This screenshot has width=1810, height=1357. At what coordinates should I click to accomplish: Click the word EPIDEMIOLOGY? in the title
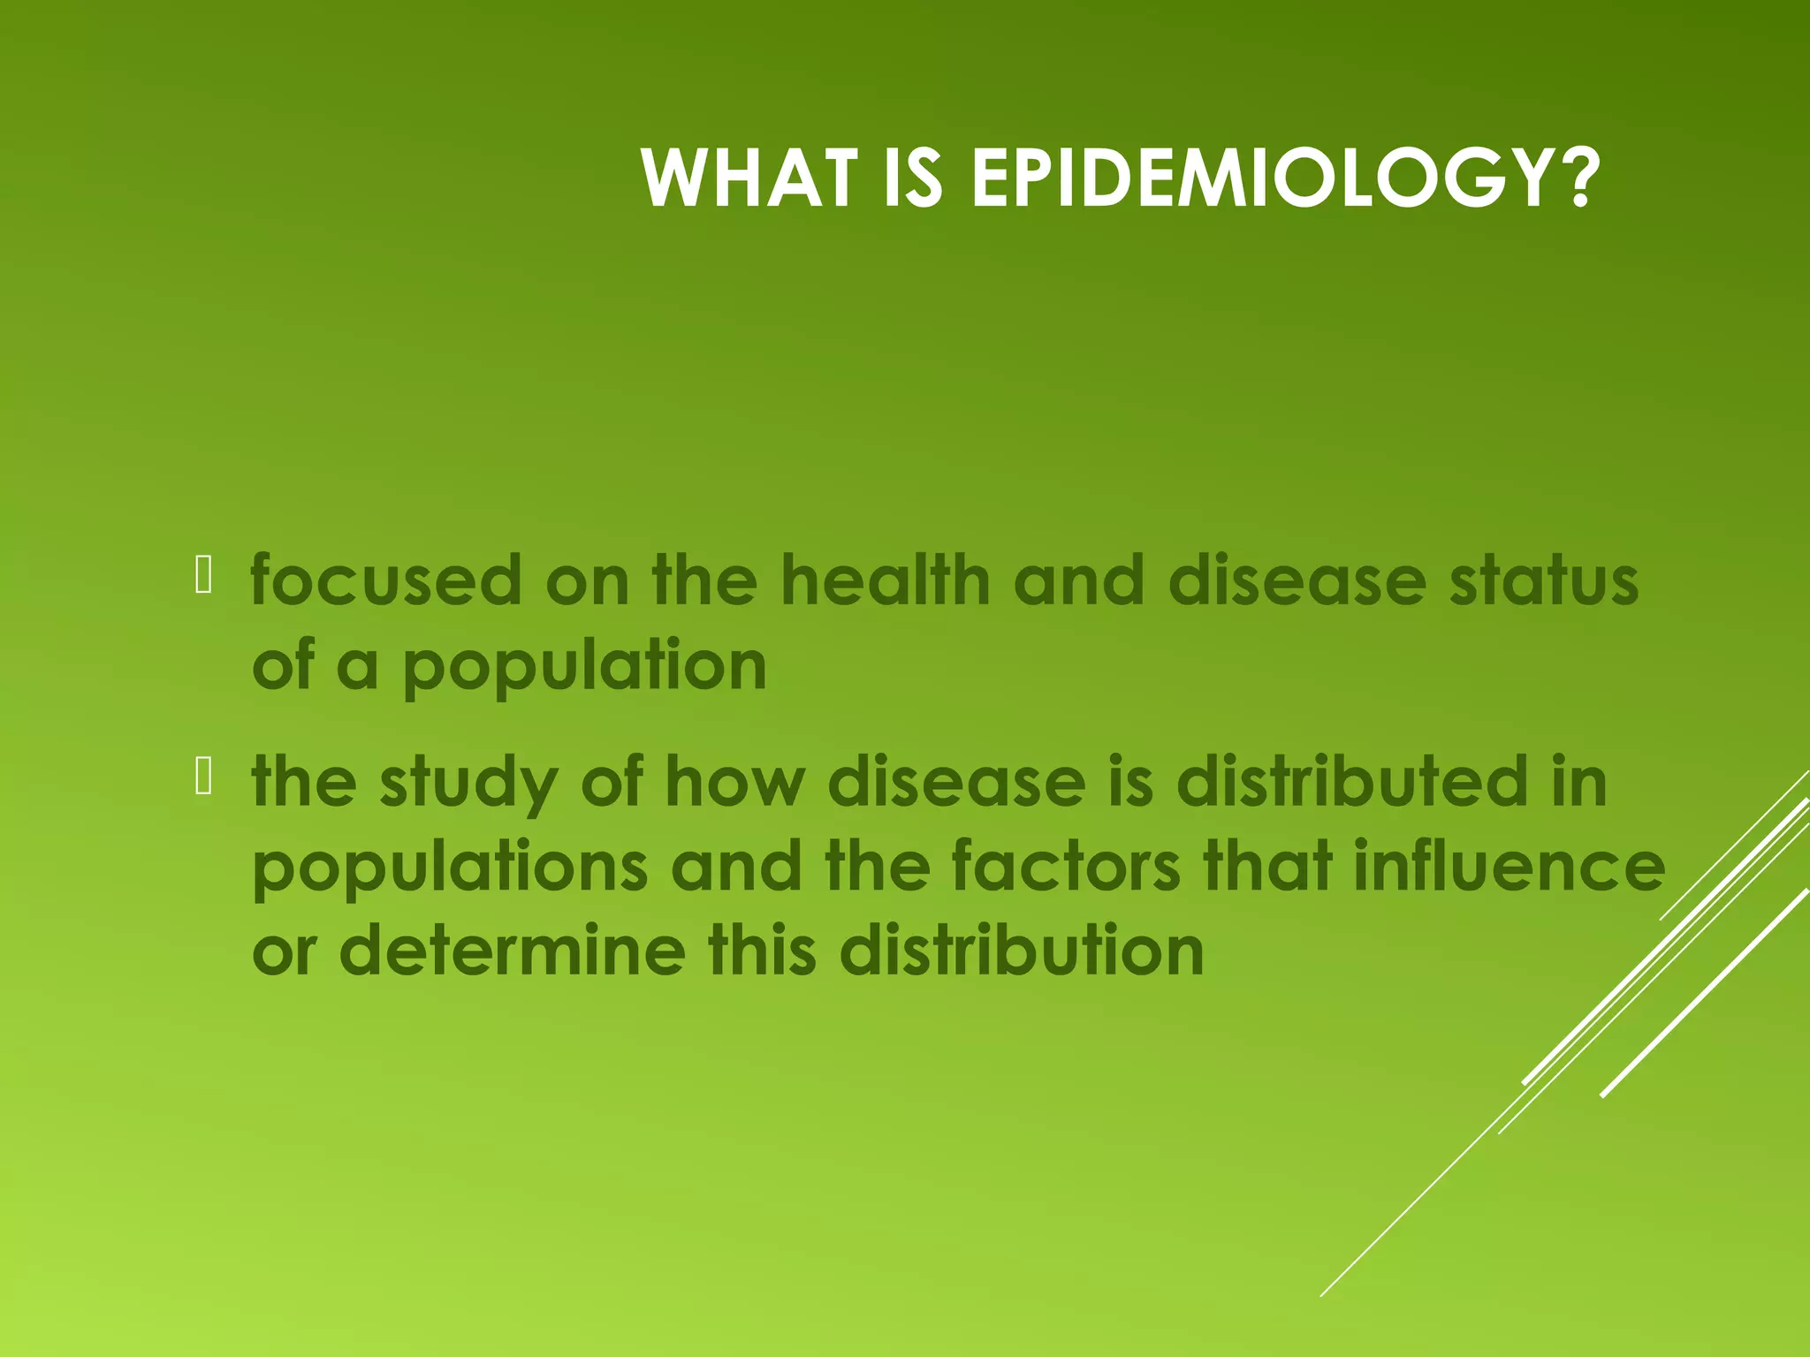click(1286, 178)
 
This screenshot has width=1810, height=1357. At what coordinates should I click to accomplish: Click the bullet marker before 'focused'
click(203, 575)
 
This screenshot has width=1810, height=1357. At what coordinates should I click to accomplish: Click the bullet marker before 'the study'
click(203, 777)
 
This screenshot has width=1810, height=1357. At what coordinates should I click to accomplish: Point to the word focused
click(386, 580)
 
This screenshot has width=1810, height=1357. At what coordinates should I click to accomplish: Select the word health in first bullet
click(886, 580)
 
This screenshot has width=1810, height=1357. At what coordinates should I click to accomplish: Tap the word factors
click(1065, 867)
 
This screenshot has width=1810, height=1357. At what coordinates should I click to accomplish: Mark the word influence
click(1509, 867)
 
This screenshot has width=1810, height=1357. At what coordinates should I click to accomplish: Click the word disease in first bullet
click(1297, 580)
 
